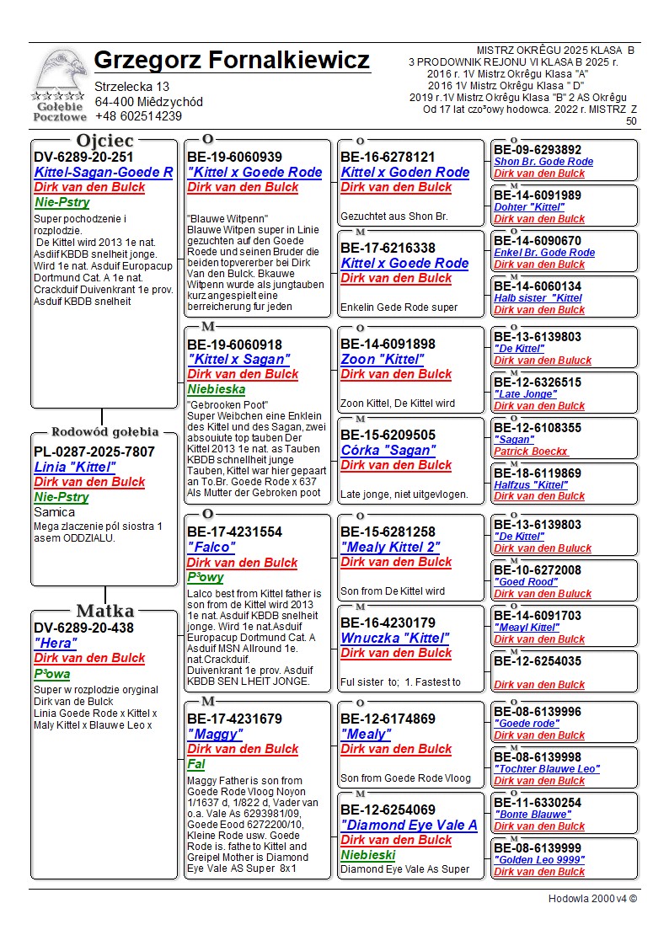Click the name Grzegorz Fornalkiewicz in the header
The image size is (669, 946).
tap(232, 61)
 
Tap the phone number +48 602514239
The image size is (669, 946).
tap(138, 116)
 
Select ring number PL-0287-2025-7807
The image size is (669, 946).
tap(94, 452)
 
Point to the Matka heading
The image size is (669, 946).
tap(104, 611)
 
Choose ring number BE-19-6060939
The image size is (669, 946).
tap(234, 157)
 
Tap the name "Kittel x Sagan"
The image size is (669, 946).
tap(238, 359)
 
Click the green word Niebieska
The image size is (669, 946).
tap(217, 389)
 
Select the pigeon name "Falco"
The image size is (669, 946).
tap(211, 547)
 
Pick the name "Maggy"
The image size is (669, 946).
tap(215, 734)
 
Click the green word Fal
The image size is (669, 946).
tap(195, 764)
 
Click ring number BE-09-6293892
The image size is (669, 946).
tap(538, 150)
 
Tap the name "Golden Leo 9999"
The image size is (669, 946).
tap(539, 859)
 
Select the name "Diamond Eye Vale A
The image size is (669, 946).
tap(409, 825)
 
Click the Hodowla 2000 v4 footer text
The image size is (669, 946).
tap(592, 898)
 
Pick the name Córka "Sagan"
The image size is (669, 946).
tap(388, 450)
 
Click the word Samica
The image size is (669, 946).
tap(55, 511)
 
